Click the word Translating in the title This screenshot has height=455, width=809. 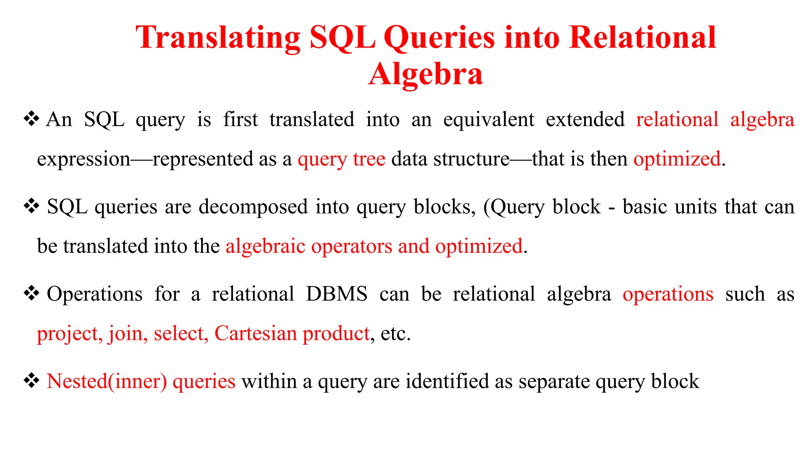pos(218,38)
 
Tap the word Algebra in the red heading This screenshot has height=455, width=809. pos(425,74)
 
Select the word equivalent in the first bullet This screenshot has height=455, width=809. pos(489,120)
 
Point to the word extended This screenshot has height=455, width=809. pos(585,120)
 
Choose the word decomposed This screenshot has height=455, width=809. pos(253,207)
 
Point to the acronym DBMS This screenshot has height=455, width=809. pos(337,294)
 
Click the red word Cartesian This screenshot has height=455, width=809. pos(256,333)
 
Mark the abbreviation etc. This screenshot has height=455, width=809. pos(395,334)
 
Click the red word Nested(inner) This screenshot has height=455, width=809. pos(107,382)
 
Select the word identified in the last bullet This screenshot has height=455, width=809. pos(447,382)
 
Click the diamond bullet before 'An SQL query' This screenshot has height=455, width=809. pos(31,119)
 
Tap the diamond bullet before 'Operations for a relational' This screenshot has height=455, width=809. pos(31,293)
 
